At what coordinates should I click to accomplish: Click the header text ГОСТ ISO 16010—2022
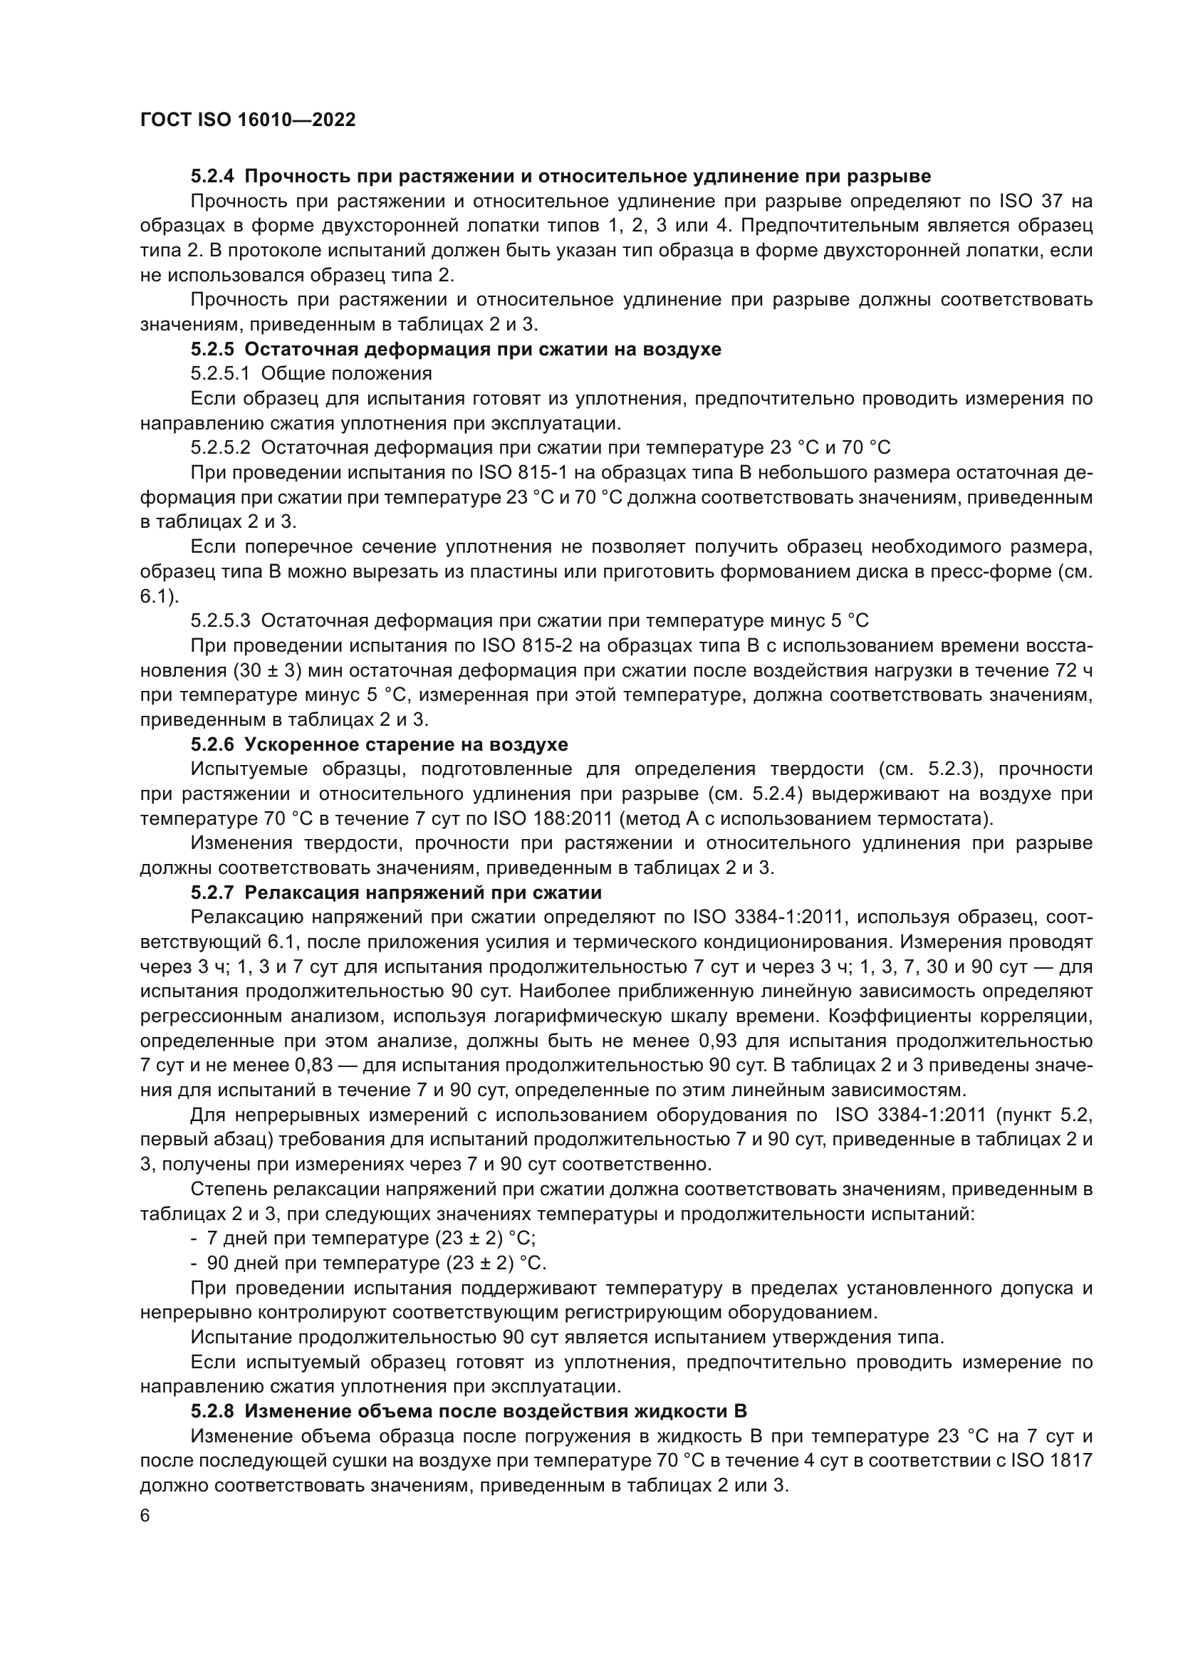point(247,120)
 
